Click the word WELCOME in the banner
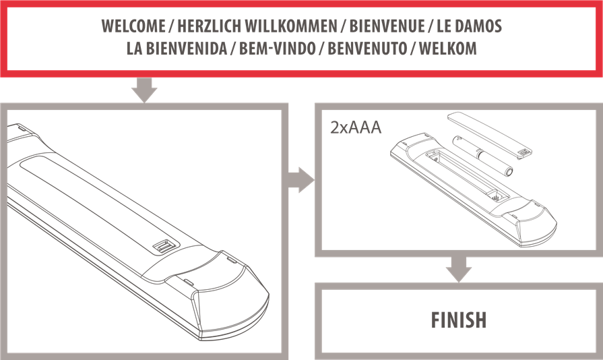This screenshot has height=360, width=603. (x=133, y=26)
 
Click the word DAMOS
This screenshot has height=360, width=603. (x=478, y=26)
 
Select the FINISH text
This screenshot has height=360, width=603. (x=458, y=320)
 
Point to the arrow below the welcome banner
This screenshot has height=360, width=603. (x=144, y=88)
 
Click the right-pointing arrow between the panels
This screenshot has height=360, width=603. (x=300, y=180)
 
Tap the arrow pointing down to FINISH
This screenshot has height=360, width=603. (x=458, y=270)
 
